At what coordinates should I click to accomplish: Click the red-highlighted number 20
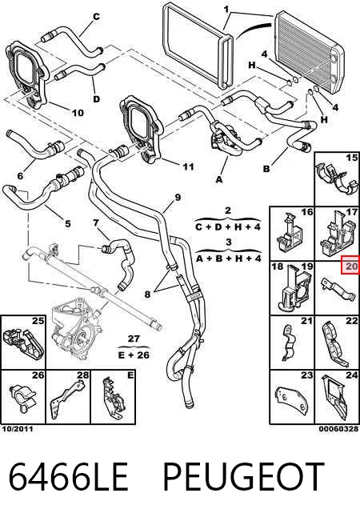[x=351, y=266]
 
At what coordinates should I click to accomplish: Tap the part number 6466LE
[x=68, y=477]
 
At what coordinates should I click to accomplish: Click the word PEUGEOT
[x=243, y=477]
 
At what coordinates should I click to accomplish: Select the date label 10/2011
[x=18, y=429]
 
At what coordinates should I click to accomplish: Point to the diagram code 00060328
[x=338, y=429]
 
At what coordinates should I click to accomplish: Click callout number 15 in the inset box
[x=351, y=158]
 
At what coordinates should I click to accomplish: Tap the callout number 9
[x=178, y=198]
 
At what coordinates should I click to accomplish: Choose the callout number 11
[x=188, y=166]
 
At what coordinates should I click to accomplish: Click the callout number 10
[x=78, y=113]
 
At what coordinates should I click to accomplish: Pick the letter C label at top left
[x=96, y=16]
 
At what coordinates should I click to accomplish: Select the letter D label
[x=96, y=98]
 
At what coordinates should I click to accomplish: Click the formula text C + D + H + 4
[x=228, y=227]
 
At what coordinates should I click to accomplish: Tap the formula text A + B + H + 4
[x=229, y=258]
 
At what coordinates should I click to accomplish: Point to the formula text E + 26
[x=134, y=355]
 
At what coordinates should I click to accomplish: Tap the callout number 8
[x=147, y=294]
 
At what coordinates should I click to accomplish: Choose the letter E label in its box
[x=130, y=375]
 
